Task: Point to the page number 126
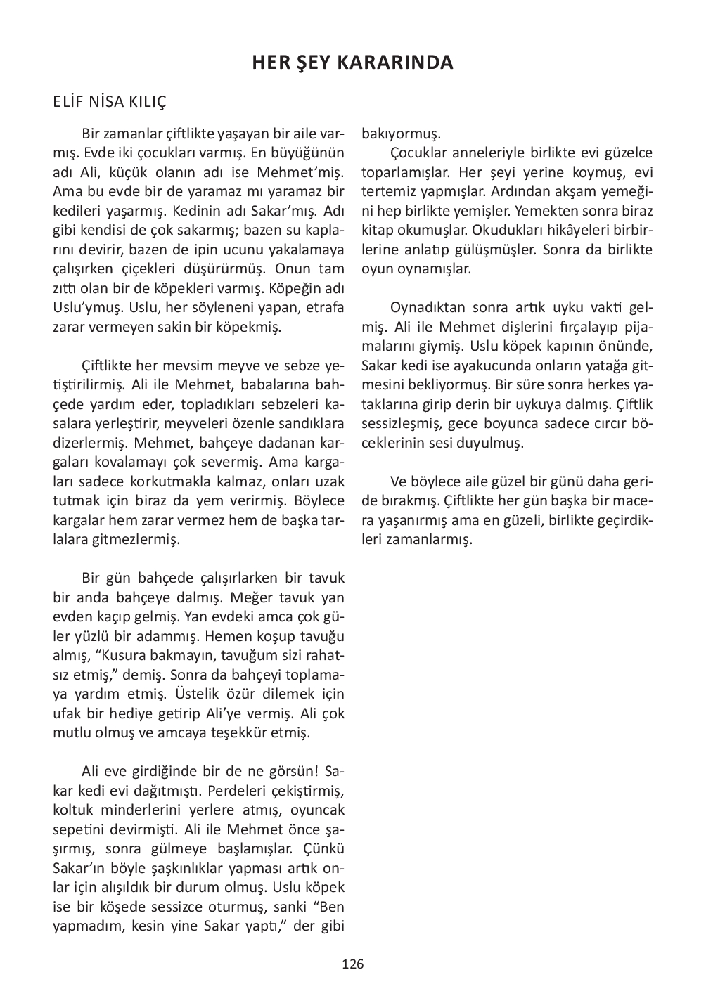(353, 964)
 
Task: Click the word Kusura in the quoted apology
(127, 656)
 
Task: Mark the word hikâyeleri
(564, 230)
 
